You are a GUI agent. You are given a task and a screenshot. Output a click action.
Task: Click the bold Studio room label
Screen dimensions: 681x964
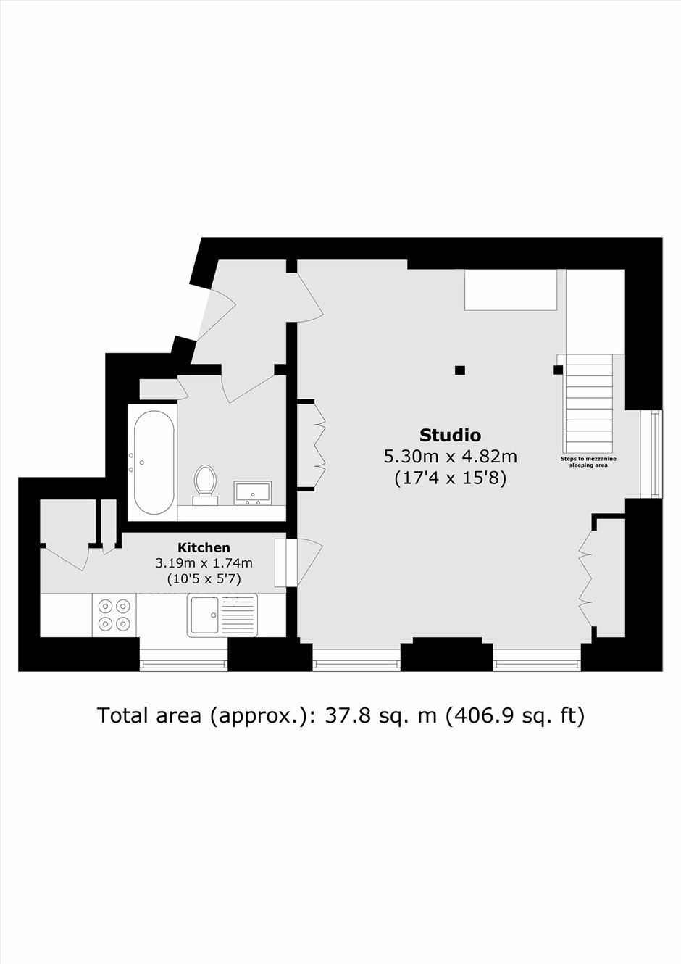coord(450,435)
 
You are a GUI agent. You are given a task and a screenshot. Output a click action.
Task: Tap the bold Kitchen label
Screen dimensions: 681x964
coord(204,547)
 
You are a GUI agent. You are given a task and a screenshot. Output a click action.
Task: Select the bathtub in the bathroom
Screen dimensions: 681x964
coord(154,462)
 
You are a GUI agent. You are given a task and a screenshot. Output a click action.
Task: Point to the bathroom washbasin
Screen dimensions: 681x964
coord(253,493)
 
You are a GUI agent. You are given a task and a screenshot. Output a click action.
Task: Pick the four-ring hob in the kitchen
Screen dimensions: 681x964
coord(114,615)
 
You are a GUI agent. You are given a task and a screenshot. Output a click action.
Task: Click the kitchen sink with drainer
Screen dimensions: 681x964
coord(222,615)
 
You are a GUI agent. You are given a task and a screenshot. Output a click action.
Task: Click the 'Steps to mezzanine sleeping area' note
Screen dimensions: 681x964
coord(588,462)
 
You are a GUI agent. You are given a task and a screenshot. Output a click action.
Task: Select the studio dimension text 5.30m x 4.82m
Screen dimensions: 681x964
coord(450,457)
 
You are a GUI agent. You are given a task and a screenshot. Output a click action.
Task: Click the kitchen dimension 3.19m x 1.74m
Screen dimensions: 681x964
coord(204,563)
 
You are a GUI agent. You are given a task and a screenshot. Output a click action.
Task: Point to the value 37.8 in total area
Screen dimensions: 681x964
coord(343,715)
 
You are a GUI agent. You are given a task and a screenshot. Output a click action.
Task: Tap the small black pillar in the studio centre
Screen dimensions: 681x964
coord(460,370)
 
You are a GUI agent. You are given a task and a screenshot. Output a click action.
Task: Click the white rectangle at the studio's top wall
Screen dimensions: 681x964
coord(511,290)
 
